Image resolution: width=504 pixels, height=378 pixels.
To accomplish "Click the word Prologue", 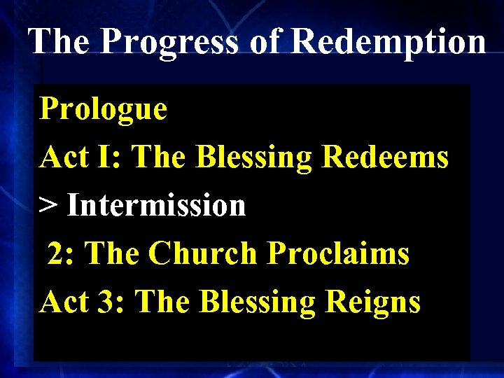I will (x=104, y=110).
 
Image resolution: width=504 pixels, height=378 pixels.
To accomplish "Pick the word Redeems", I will (x=384, y=157).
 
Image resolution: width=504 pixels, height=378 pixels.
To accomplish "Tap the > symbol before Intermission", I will (x=48, y=206).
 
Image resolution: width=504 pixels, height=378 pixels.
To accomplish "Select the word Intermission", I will (x=157, y=206).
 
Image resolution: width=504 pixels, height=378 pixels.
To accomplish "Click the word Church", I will (x=204, y=253).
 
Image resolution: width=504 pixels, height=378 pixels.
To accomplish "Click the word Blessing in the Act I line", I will (x=255, y=158).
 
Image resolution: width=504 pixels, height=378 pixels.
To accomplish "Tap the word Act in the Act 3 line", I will (x=64, y=302).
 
